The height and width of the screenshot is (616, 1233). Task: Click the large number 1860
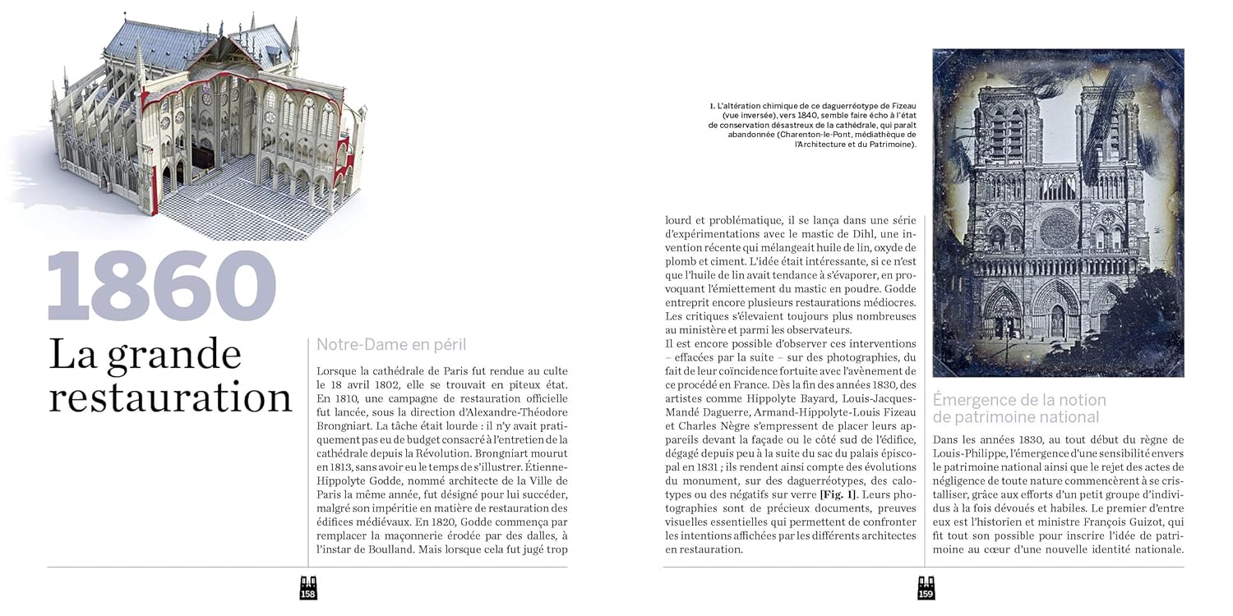tap(161, 285)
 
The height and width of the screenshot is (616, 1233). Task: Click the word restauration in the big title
tap(170, 398)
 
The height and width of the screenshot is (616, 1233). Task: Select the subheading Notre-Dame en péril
tap(391, 345)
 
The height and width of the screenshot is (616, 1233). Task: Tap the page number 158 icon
tap(308, 588)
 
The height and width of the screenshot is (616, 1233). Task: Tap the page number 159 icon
tap(926, 588)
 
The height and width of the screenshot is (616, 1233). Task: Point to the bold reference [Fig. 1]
tap(838, 494)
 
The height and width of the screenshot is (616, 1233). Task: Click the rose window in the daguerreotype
tap(1058, 229)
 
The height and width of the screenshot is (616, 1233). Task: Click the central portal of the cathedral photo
tap(1057, 316)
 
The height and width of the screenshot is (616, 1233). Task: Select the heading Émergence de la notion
tap(1019, 400)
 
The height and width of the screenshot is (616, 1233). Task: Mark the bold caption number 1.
tap(712, 106)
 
